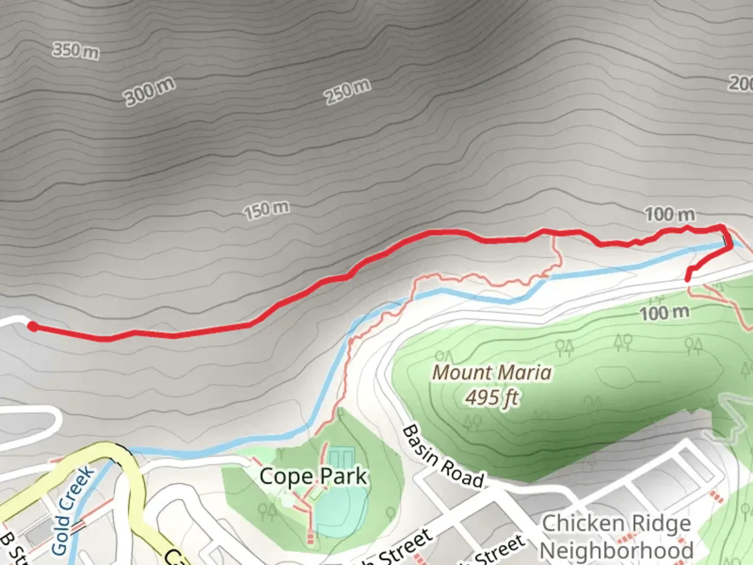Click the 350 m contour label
click(x=76, y=51)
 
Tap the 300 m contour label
click(x=150, y=92)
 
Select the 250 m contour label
click(x=348, y=93)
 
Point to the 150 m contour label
click(x=266, y=210)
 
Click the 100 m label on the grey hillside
click(x=670, y=214)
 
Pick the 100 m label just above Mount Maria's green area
click(x=665, y=313)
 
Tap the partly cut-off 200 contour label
click(x=741, y=83)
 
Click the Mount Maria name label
click(x=492, y=373)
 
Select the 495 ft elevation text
click(x=492, y=398)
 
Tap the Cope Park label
click(x=313, y=477)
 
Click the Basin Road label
click(x=442, y=457)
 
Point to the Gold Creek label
click(x=73, y=510)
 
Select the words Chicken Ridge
click(x=617, y=523)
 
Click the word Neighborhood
click(x=617, y=550)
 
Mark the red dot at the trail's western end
click(x=32, y=327)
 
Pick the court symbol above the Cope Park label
click(x=340, y=458)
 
